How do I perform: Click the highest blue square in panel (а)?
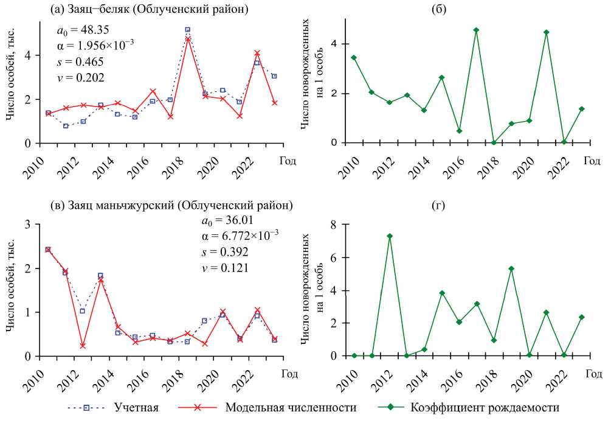pos(188,29)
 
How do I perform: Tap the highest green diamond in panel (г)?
pos(390,236)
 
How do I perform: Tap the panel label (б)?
pos(466,10)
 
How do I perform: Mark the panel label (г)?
pos(466,206)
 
